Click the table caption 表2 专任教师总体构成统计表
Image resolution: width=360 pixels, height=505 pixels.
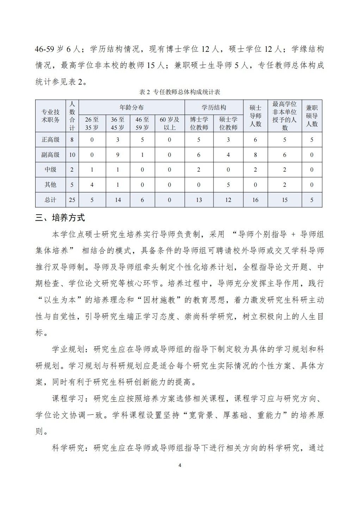tap(180, 92)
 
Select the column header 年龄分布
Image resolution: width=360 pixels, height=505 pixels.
tap(131, 107)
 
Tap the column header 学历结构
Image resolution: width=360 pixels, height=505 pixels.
tap(214, 107)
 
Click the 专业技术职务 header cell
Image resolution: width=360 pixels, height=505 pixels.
tap(50, 116)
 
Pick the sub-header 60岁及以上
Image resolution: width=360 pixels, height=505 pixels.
tap(169, 123)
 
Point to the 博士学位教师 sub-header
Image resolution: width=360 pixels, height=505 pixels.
tap(199, 123)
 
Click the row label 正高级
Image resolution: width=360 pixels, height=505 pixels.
tap(50, 140)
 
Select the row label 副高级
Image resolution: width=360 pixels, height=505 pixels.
tap(50, 155)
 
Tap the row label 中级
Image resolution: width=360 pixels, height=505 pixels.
tap(50, 170)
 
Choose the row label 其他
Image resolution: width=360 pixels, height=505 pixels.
tap(50, 185)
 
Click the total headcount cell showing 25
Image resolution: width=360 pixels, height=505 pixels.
tap(72, 200)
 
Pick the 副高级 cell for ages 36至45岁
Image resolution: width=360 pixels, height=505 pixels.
tap(118, 155)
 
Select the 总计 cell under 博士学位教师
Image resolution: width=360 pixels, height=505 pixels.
tap(199, 200)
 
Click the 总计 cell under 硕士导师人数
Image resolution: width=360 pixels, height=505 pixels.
tap(255, 200)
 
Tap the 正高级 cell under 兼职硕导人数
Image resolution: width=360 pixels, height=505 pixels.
tap(312, 140)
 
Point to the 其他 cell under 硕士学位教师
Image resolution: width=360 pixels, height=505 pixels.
tap(228, 185)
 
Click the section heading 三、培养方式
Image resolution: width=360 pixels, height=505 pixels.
tap(60, 217)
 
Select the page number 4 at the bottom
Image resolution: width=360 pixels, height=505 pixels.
tap(180, 466)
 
